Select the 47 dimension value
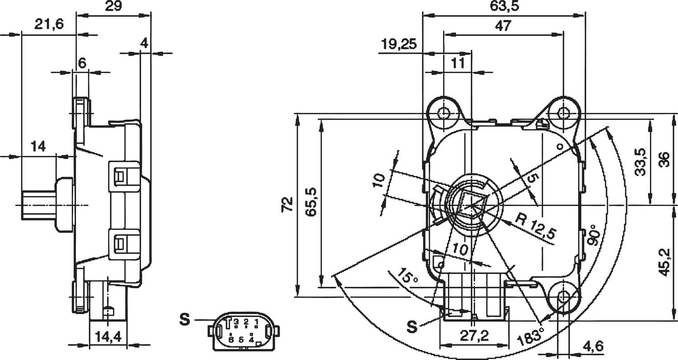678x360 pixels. (503, 26)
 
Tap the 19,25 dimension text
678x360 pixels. (398, 44)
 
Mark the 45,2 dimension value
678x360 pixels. (664, 262)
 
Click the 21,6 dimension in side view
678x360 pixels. (49, 24)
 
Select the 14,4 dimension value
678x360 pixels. (108, 336)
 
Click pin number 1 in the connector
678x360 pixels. (256, 322)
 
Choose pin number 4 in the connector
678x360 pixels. (251, 338)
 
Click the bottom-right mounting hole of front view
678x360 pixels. (564, 296)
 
